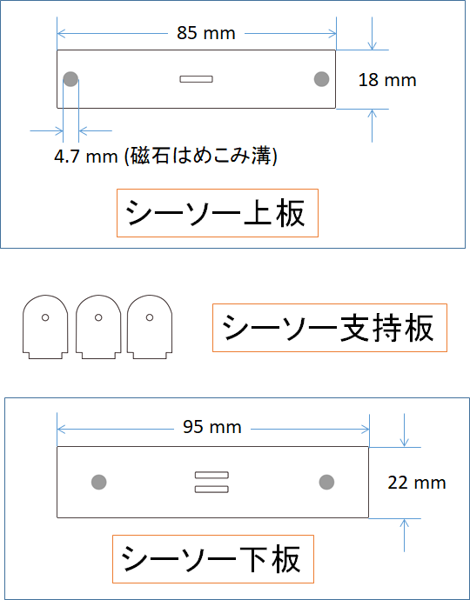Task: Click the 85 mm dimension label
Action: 205,33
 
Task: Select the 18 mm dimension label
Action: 386,80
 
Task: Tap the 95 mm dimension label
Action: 211,427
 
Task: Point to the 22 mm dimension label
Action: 417,483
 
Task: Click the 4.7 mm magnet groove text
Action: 165,157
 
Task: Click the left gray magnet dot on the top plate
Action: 70,79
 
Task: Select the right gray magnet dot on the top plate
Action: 321,79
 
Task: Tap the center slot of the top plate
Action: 196,79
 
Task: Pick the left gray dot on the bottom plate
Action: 99,482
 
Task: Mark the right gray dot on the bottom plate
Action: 326,482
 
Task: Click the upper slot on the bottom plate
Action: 211,475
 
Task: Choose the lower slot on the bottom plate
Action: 211,489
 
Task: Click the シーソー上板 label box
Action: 218,213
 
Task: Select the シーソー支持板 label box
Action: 330,328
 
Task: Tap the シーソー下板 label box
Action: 213,559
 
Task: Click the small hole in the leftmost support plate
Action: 45,317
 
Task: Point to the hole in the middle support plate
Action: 98,317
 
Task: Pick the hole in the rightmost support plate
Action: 150,317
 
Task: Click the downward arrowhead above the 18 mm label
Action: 372,45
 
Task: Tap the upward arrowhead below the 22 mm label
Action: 404,523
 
